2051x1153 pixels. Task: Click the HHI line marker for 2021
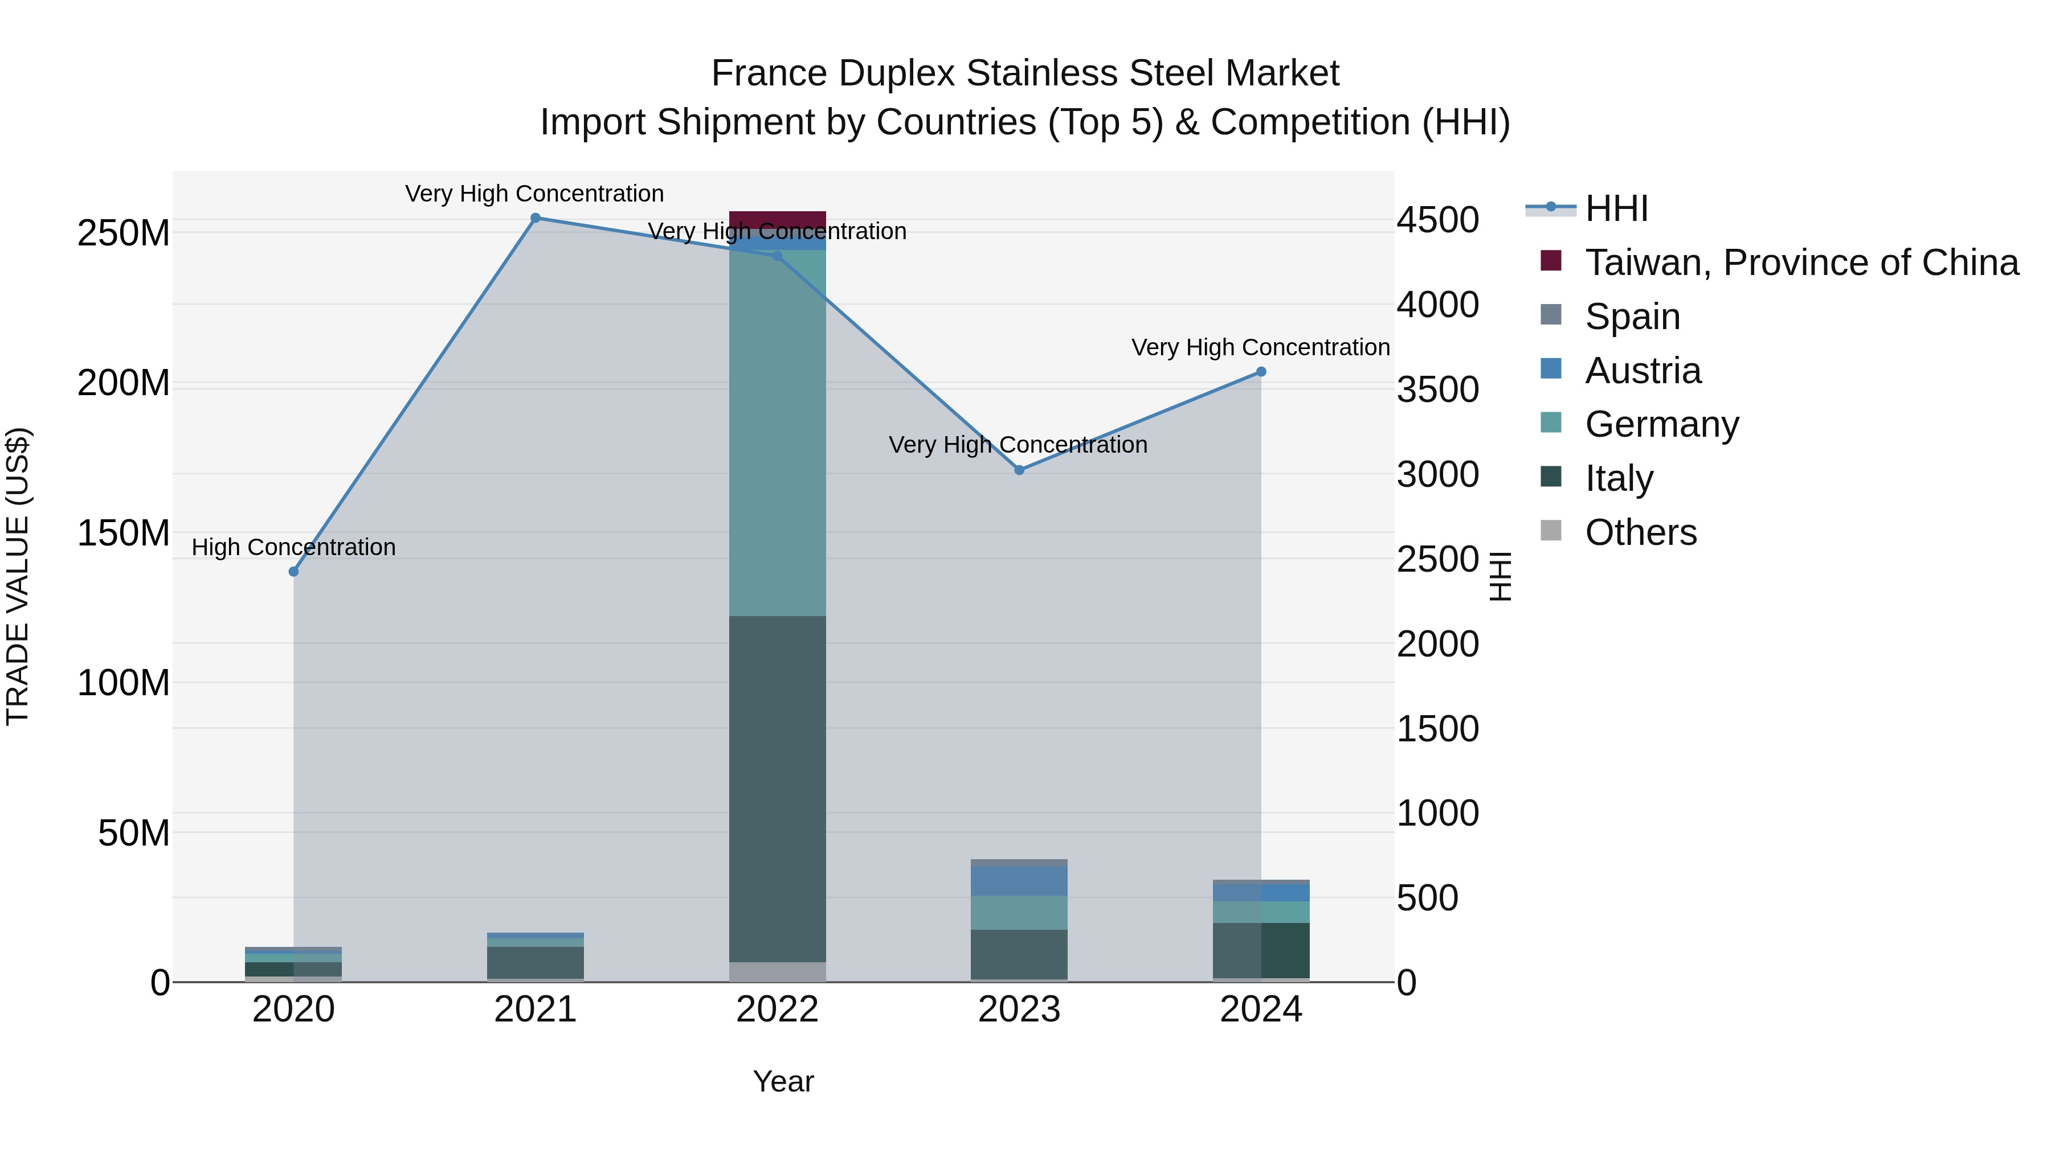coord(535,218)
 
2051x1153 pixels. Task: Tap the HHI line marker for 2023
coord(1019,470)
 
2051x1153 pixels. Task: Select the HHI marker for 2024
coord(1261,372)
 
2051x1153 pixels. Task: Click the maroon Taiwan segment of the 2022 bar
coord(777,220)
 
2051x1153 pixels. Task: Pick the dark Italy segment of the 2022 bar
coord(777,788)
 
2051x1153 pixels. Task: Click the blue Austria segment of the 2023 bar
coord(1019,880)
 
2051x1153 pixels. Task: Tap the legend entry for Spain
coord(1632,317)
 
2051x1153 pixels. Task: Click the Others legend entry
coord(1640,532)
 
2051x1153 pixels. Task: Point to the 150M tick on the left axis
coord(124,533)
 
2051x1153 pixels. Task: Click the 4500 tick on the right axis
coord(1438,220)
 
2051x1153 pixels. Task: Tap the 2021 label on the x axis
coord(535,1010)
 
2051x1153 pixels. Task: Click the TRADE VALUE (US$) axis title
coord(18,576)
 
